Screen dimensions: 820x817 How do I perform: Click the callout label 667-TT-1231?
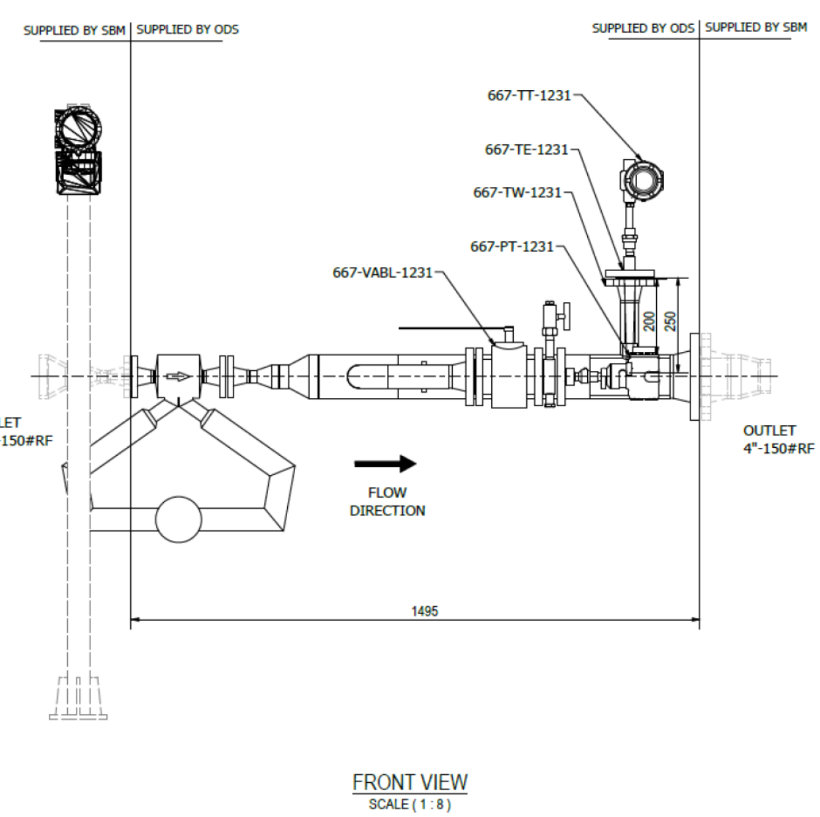529,95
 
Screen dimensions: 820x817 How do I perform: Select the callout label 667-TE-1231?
527,150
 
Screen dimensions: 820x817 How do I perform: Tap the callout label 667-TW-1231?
518,192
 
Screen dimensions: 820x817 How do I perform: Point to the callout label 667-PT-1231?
512,246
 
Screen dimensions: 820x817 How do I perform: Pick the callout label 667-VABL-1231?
383,273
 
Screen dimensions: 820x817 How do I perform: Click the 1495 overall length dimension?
425,612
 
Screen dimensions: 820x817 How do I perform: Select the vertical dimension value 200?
649,322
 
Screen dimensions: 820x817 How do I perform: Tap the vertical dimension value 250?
670,322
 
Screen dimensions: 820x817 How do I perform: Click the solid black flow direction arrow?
385,463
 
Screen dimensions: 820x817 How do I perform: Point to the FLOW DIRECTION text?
387,502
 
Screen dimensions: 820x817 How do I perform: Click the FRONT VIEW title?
410,783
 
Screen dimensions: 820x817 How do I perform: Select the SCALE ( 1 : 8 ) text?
410,805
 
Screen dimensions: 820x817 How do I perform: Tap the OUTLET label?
770,430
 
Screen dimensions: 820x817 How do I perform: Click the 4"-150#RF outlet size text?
778,448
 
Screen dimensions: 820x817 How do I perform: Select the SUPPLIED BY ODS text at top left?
187,29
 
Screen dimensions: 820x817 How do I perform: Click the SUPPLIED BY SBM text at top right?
756,27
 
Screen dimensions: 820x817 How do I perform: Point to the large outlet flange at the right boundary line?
694,377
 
